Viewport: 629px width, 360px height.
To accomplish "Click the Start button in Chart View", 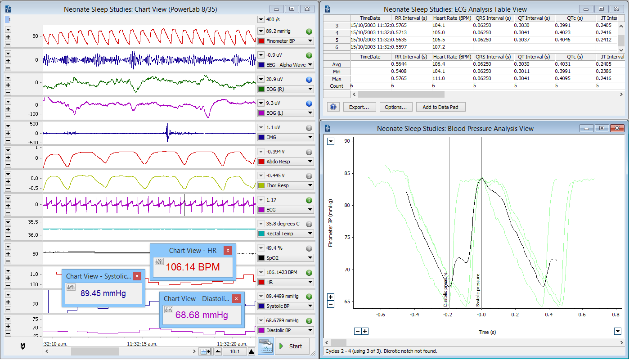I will (x=292, y=346).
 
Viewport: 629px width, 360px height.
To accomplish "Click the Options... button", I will (x=396, y=107).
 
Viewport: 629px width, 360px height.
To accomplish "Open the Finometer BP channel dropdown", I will (x=285, y=41).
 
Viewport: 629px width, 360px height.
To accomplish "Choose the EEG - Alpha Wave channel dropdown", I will (x=285, y=65).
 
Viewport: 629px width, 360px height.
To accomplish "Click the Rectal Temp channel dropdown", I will (x=285, y=234).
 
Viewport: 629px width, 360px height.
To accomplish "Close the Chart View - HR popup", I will (x=228, y=250).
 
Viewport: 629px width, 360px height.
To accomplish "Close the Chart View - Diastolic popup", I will (x=236, y=298).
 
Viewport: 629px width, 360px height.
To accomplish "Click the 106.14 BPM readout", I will (x=193, y=267).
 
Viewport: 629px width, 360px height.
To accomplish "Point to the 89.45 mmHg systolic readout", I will (x=103, y=293).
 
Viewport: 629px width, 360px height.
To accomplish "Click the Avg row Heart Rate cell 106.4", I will (x=439, y=64).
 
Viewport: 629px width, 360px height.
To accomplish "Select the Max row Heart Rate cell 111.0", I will (x=439, y=79).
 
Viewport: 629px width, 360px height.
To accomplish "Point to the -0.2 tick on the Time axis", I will (x=448, y=315).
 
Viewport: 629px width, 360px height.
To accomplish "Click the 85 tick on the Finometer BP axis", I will (x=347, y=173).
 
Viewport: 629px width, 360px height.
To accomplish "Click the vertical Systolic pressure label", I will (x=478, y=290).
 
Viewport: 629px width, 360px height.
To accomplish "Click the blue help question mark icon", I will (x=333, y=107).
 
